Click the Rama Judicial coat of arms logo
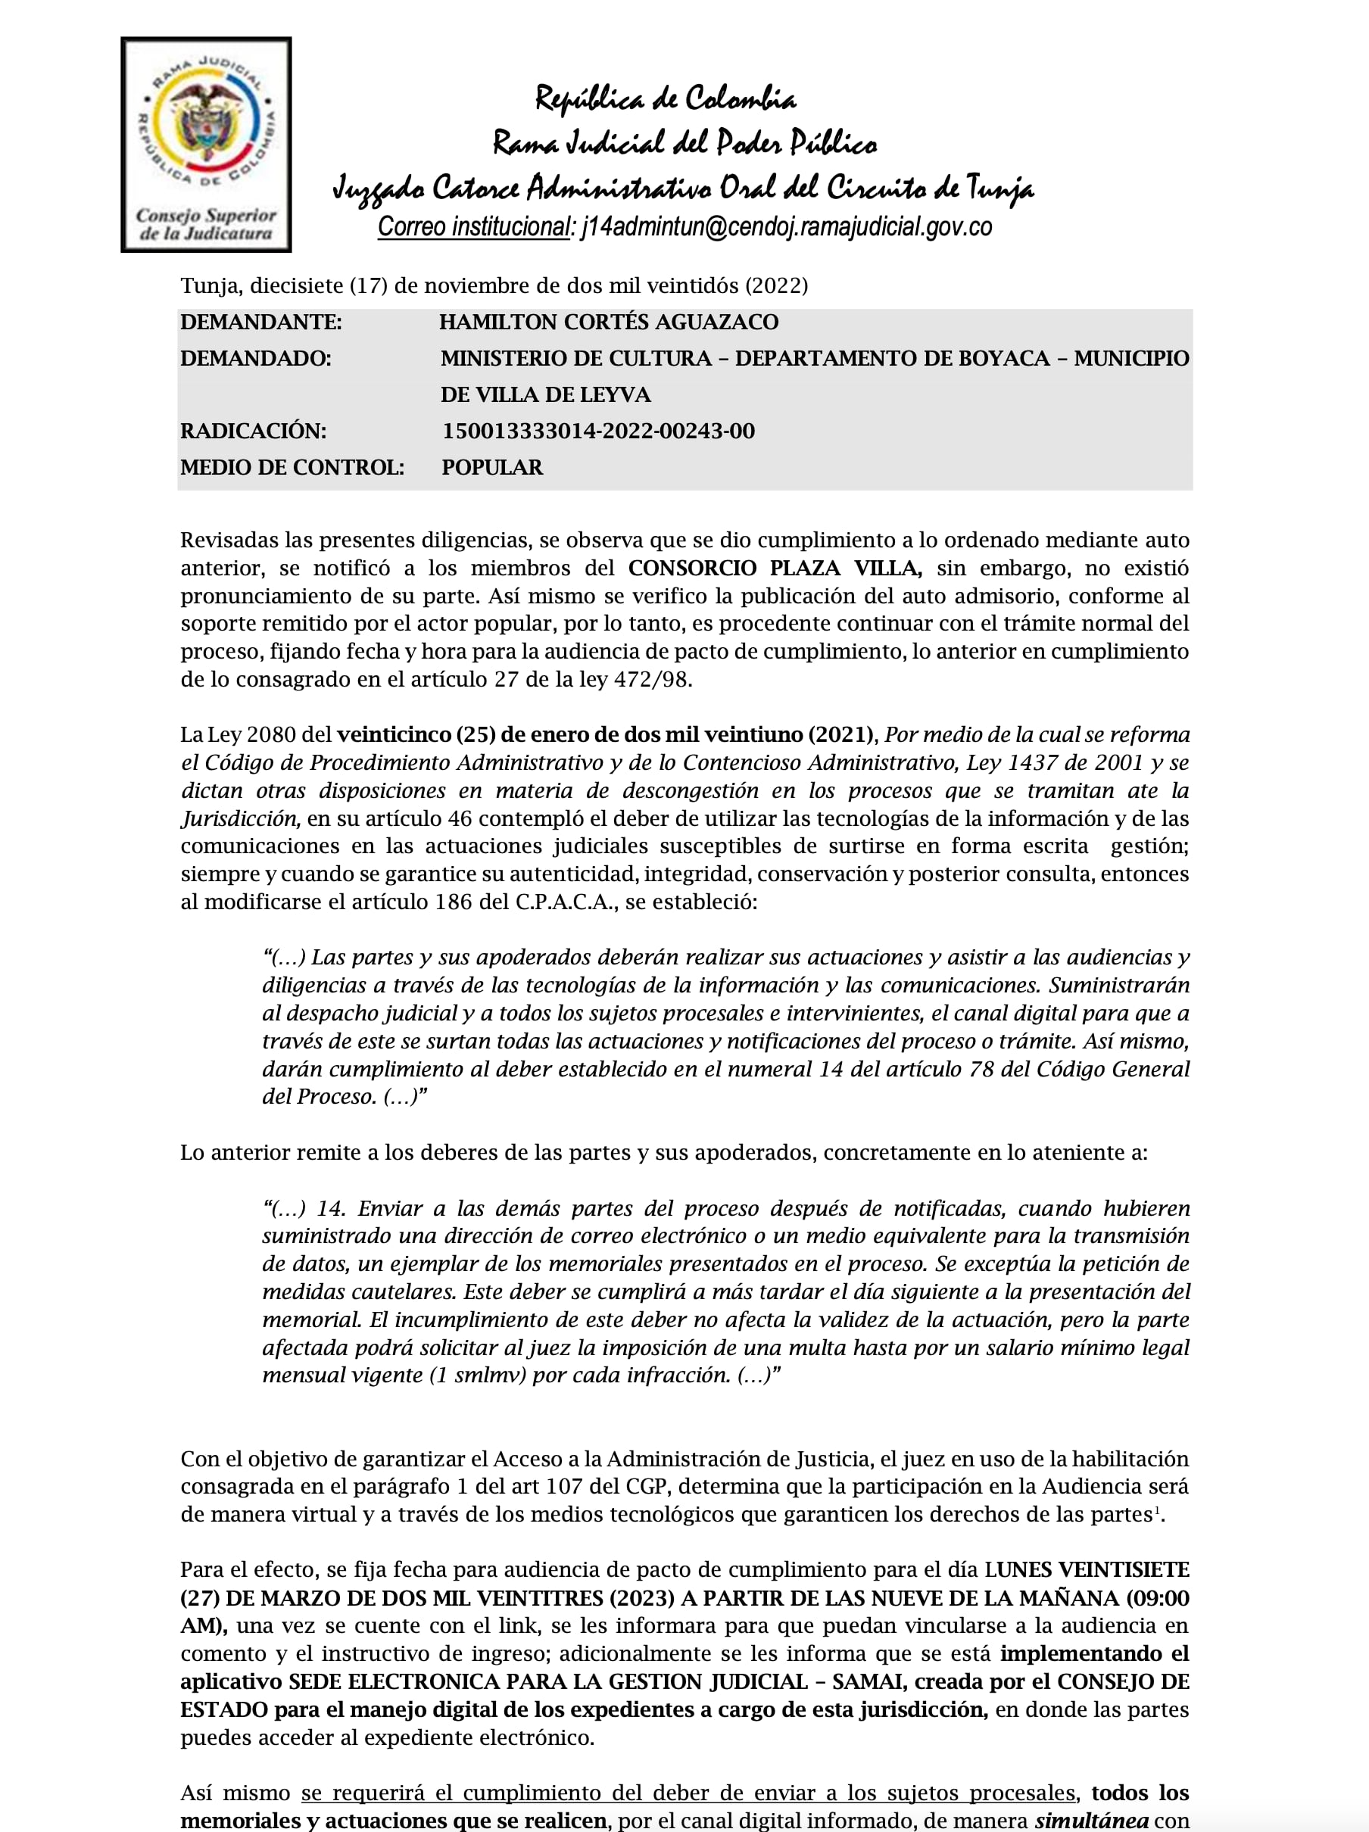pos(205,124)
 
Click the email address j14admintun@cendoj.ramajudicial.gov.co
pos(786,227)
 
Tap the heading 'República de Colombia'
pos(665,98)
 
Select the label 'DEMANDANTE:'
pos(261,322)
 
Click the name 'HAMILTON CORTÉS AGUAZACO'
pos(608,322)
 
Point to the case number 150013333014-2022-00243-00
pos(598,432)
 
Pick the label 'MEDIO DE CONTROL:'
pos(292,468)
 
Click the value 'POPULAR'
pos(492,468)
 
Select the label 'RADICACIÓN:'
pos(254,432)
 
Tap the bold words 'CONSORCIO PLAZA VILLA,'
pos(775,569)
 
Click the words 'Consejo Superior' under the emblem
pos(205,215)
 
